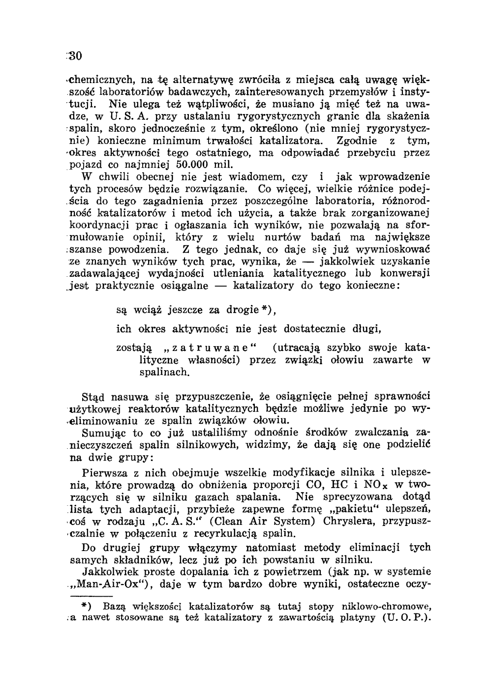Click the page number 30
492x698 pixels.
point(74,55)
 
